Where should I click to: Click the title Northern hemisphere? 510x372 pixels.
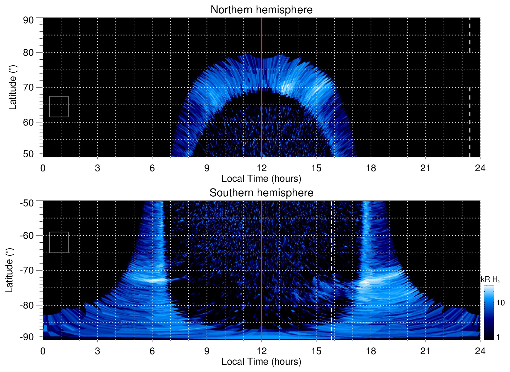(261, 10)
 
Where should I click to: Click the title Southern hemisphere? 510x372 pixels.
(261, 193)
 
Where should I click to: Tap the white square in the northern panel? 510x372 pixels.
(59, 107)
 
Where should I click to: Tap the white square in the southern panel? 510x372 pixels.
(59, 242)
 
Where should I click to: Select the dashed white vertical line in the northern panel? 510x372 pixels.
(470, 105)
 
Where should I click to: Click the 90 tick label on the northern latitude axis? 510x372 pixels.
(28, 20)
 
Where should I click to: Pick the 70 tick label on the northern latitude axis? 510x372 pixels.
(28, 87)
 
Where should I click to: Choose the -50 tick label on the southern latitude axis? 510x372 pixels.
(27, 203)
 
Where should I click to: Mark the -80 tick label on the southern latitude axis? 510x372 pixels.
(27, 305)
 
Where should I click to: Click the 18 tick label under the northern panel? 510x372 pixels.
(371, 168)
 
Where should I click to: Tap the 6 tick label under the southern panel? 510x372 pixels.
(152, 351)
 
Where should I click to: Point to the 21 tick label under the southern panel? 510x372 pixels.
(426, 351)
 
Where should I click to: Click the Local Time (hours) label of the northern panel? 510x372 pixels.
(261, 179)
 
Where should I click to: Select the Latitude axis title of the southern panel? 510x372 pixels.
(9, 270)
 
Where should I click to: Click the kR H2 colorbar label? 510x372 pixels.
(490, 279)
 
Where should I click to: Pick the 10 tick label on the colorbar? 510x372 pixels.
(500, 303)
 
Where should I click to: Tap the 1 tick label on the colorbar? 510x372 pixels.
(498, 337)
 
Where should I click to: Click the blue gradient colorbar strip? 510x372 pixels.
(489, 312)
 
